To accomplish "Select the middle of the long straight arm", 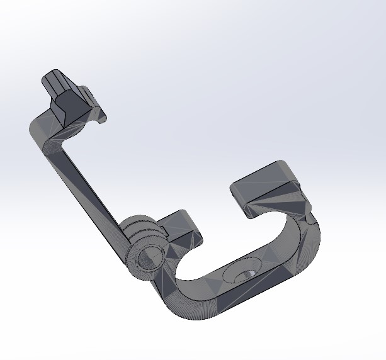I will (88, 189).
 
